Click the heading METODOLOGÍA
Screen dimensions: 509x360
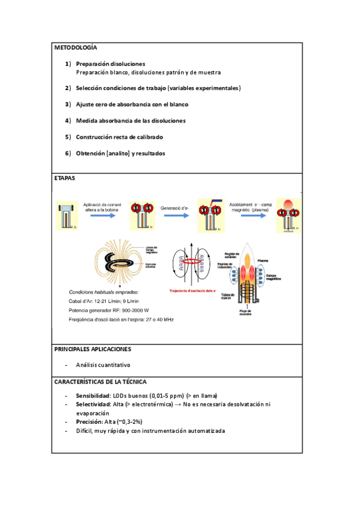[x=75, y=47]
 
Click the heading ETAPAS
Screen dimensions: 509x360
[x=65, y=178]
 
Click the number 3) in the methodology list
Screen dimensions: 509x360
[x=68, y=104]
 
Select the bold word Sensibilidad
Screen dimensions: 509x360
[x=93, y=396]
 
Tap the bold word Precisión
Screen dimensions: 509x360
[x=89, y=422]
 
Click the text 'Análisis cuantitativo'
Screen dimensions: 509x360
[x=103, y=365]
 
